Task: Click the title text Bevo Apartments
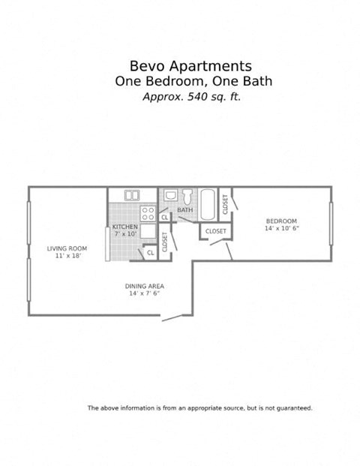180,66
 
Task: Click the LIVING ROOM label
67,248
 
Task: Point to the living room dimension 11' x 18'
67,256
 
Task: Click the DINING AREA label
145,286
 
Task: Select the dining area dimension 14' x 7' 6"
145,293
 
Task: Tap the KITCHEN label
124,227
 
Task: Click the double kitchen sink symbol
132,195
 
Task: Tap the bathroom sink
170,196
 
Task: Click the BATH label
184,210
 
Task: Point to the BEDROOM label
281,221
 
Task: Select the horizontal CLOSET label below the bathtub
215,231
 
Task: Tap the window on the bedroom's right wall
330,221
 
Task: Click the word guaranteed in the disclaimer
293,408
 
